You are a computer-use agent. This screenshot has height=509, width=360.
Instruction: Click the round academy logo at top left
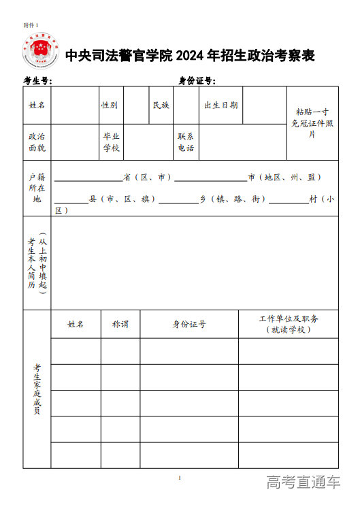click(x=40, y=51)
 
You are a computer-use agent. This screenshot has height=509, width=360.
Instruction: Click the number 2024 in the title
click(x=193, y=56)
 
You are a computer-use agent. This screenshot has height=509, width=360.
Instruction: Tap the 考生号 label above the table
click(x=38, y=81)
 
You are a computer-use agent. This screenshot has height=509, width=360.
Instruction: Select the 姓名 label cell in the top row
click(x=37, y=105)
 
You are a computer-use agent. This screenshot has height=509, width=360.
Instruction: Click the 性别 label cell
click(x=110, y=105)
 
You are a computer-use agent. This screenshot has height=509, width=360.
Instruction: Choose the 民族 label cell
click(x=161, y=105)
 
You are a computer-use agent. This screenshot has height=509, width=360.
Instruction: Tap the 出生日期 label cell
click(x=221, y=105)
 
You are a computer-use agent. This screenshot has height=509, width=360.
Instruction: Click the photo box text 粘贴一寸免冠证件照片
click(x=312, y=122)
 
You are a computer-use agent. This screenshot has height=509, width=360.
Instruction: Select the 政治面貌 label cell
click(x=37, y=142)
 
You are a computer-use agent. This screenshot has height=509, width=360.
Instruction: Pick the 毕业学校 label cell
click(x=111, y=142)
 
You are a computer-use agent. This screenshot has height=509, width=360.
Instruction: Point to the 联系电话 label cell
click(x=186, y=142)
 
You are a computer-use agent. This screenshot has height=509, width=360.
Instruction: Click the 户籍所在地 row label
click(x=37, y=188)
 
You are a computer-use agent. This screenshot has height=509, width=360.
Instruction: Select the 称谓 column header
click(x=120, y=325)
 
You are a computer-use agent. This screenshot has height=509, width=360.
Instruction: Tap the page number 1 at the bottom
click(x=180, y=478)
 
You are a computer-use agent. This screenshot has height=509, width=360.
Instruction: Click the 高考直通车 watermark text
click(x=304, y=483)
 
